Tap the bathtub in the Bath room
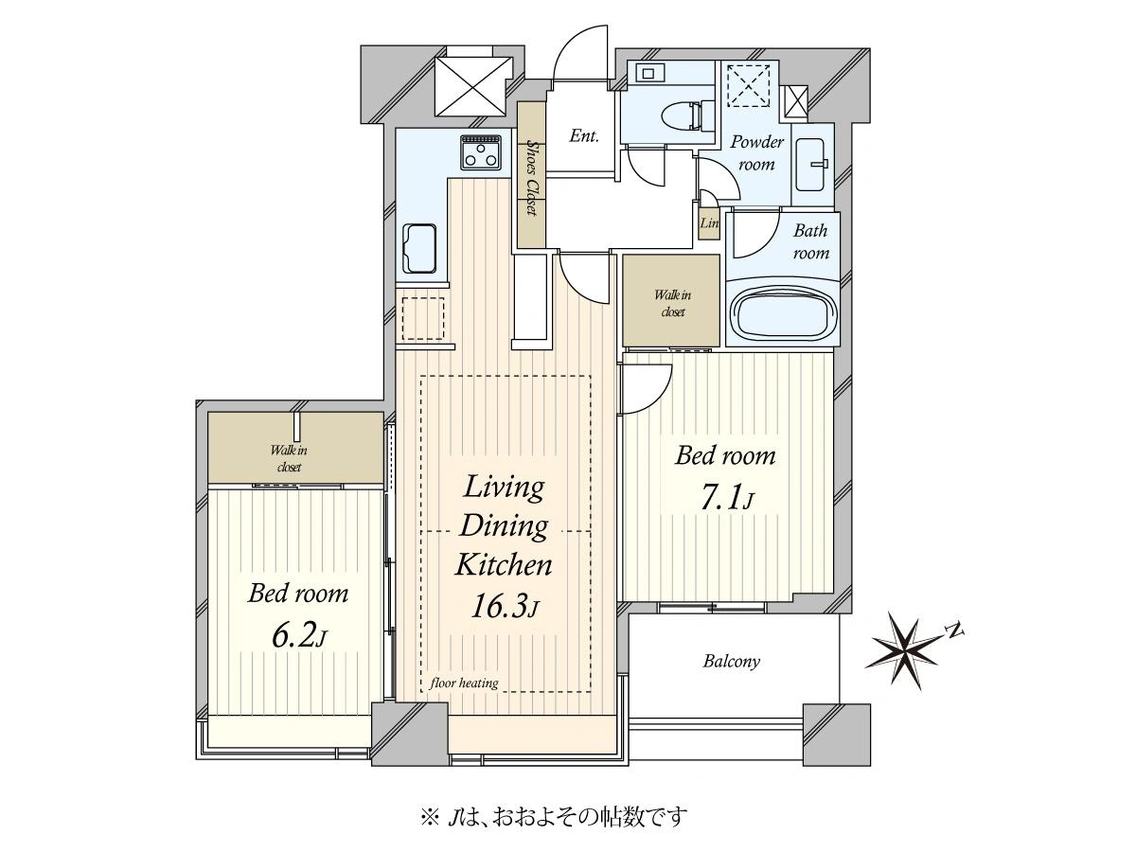782,314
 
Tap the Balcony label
731,661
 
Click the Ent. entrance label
584,135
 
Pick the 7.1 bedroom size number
725,498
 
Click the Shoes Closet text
531,176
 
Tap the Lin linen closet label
709,223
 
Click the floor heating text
464,683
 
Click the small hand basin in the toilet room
648,73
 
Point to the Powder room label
756,153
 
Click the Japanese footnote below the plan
555,817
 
